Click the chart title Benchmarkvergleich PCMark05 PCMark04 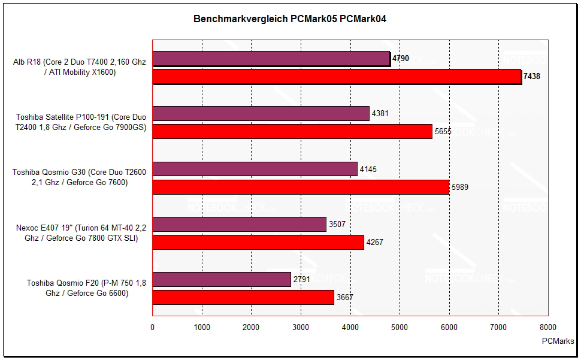point(290,19)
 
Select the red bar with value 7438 point(337,77)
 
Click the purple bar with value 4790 point(271,59)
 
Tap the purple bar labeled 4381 point(261,113)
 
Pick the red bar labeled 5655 point(292,131)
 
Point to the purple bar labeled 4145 point(255,169)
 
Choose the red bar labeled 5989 point(301,187)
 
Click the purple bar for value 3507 point(239,225)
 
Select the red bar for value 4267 point(258,242)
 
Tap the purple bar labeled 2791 point(222,279)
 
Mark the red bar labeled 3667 point(243,297)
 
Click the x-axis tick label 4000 point(350,327)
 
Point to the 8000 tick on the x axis point(547,327)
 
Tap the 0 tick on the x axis point(152,327)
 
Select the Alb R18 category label point(79,67)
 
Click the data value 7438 point(532,77)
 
